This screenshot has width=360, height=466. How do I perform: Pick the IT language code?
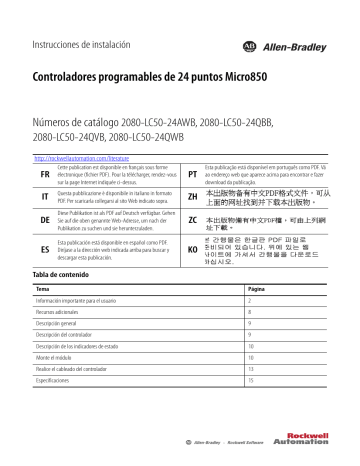[45, 198]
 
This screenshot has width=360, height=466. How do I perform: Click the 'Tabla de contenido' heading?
[65, 274]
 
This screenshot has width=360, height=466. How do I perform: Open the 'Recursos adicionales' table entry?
[62, 312]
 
